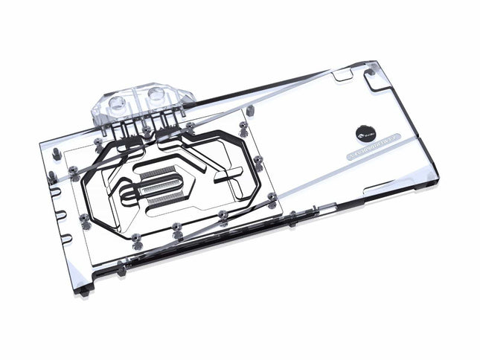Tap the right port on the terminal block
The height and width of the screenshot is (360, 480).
158,94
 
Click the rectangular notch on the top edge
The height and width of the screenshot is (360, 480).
342,75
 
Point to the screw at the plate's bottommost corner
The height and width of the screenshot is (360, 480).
138,237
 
